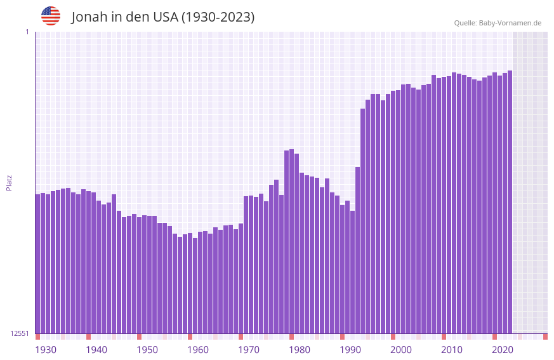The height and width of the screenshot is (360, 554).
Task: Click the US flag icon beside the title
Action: pos(51,16)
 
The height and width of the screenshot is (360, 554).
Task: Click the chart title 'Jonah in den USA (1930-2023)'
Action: pos(163,17)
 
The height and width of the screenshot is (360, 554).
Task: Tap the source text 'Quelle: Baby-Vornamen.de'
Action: pos(498,23)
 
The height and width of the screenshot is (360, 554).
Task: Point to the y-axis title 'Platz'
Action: pos(9,182)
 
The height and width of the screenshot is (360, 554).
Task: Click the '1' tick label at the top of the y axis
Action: pos(27,32)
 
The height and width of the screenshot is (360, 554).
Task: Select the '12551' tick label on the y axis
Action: pos(20,333)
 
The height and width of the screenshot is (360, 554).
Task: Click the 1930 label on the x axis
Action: pos(46,350)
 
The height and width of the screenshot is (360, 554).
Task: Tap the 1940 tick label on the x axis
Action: pos(96,350)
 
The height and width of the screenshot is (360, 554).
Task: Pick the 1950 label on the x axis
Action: pos(147,350)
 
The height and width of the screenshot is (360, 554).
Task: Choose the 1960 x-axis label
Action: pos(198,350)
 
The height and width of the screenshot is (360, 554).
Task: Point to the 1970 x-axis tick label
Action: pos(249,350)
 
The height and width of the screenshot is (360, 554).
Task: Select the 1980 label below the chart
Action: pos(300,350)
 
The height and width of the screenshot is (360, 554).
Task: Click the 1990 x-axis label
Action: pos(350,350)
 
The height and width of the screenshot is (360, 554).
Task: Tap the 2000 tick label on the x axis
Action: pos(401,350)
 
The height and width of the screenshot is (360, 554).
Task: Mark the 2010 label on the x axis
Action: pos(452,350)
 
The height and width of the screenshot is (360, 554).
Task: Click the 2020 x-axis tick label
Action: pos(503,350)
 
